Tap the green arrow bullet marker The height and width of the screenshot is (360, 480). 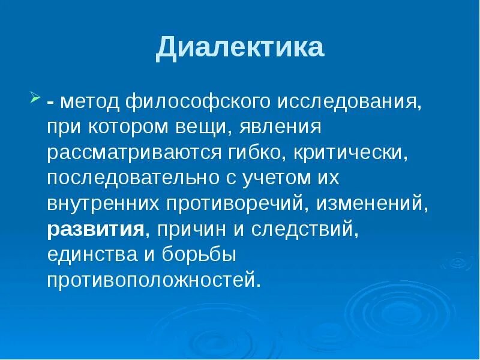[x=35, y=97]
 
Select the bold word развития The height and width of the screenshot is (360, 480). [x=97, y=230]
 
